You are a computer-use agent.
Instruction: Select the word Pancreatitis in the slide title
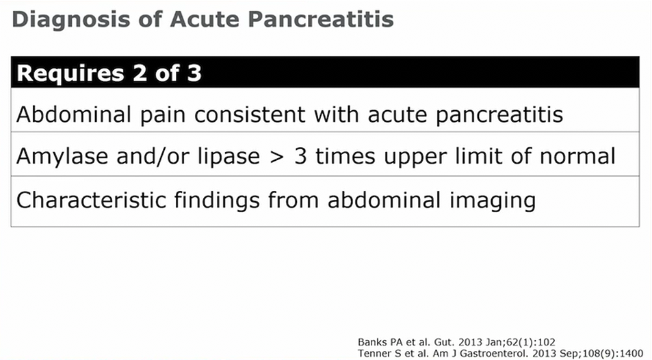click(x=321, y=19)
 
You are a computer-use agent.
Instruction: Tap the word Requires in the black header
click(x=70, y=74)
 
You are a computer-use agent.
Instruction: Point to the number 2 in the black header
click(x=140, y=73)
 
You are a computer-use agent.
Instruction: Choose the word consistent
click(x=250, y=114)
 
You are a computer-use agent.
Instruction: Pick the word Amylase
click(x=62, y=157)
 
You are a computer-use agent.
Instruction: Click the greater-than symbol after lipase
click(x=277, y=157)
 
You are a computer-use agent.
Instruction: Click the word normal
click(x=577, y=156)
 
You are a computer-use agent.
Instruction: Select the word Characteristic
click(x=92, y=200)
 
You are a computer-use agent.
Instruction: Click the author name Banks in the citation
click(x=372, y=342)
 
